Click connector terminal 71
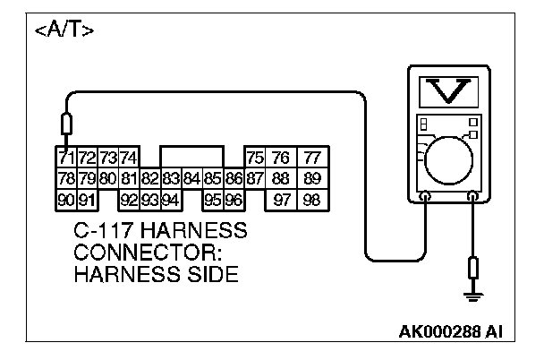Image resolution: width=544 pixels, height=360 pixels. pyautogui.click(x=64, y=158)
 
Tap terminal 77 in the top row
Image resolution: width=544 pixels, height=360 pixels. pyautogui.click(x=311, y=158)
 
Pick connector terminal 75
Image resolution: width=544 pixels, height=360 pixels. pyautogui.click(x=255, y=158)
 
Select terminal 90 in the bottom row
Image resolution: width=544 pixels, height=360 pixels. pyautogui.click(x=64, y=199)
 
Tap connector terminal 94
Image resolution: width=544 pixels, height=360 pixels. pyautogui.click(x=170, y=199)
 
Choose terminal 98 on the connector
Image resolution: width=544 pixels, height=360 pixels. pyautogui.click(x=311, y=199)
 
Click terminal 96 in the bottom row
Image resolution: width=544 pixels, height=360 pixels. pyautogui.click(x=234, y=199)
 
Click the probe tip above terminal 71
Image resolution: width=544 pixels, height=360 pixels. pyautogui.click(x=64, y=124)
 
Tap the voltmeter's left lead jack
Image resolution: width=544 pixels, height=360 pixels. pyautogui.click(x=425, y=195)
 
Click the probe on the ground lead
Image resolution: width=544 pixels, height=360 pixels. pyautogui.click(x=472, y=267)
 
